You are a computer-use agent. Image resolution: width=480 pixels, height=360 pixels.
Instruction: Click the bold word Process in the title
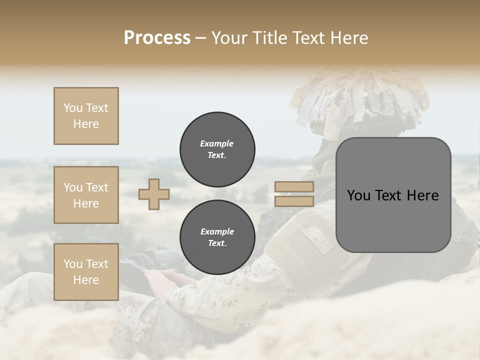click(157, 38)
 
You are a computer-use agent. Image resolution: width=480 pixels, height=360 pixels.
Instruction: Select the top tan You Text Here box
click(86, 116)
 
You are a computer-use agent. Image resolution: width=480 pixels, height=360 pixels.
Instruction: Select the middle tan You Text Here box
click(86, 195)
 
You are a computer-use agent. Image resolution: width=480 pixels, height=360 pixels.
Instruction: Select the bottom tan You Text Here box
click(86, 272)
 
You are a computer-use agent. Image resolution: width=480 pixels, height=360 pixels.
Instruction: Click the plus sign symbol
click(154, 194)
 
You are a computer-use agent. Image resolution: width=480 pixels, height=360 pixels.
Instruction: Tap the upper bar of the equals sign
click(294, 186)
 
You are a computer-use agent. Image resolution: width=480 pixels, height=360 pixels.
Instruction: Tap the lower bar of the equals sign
click(294, 201)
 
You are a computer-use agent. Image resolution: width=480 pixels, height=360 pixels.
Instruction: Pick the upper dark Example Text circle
click(217, 149)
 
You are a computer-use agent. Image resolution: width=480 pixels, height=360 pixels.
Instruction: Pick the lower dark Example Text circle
click(217, 237)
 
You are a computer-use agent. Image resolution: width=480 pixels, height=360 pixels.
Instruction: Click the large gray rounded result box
click(393, 195)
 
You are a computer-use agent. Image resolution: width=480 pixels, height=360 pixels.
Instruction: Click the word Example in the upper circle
click(217, 143)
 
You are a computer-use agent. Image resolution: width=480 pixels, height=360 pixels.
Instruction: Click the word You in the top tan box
click(73, 108)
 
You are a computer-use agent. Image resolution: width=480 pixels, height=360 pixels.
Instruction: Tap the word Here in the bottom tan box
click(86, 280)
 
